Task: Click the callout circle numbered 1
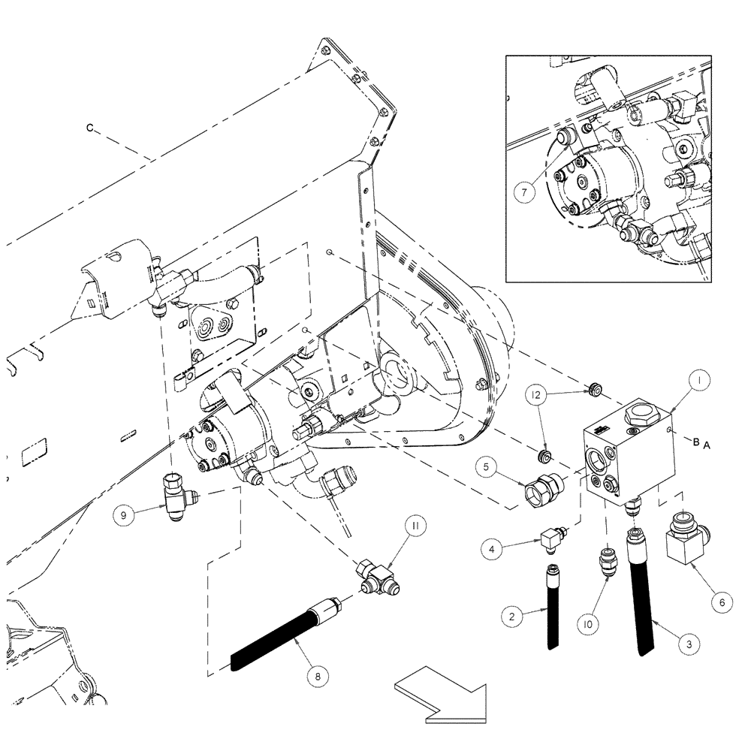pyautogui.click(x=697, y=382)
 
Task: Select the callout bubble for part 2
pyautogui.click(x=511, y=615)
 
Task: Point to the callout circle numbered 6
pyautogui.click(x=721, y=602)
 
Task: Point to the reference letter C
pyautogui.click(x=89, y=128)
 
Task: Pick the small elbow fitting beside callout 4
pyautogui.click(x=550, y=538)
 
